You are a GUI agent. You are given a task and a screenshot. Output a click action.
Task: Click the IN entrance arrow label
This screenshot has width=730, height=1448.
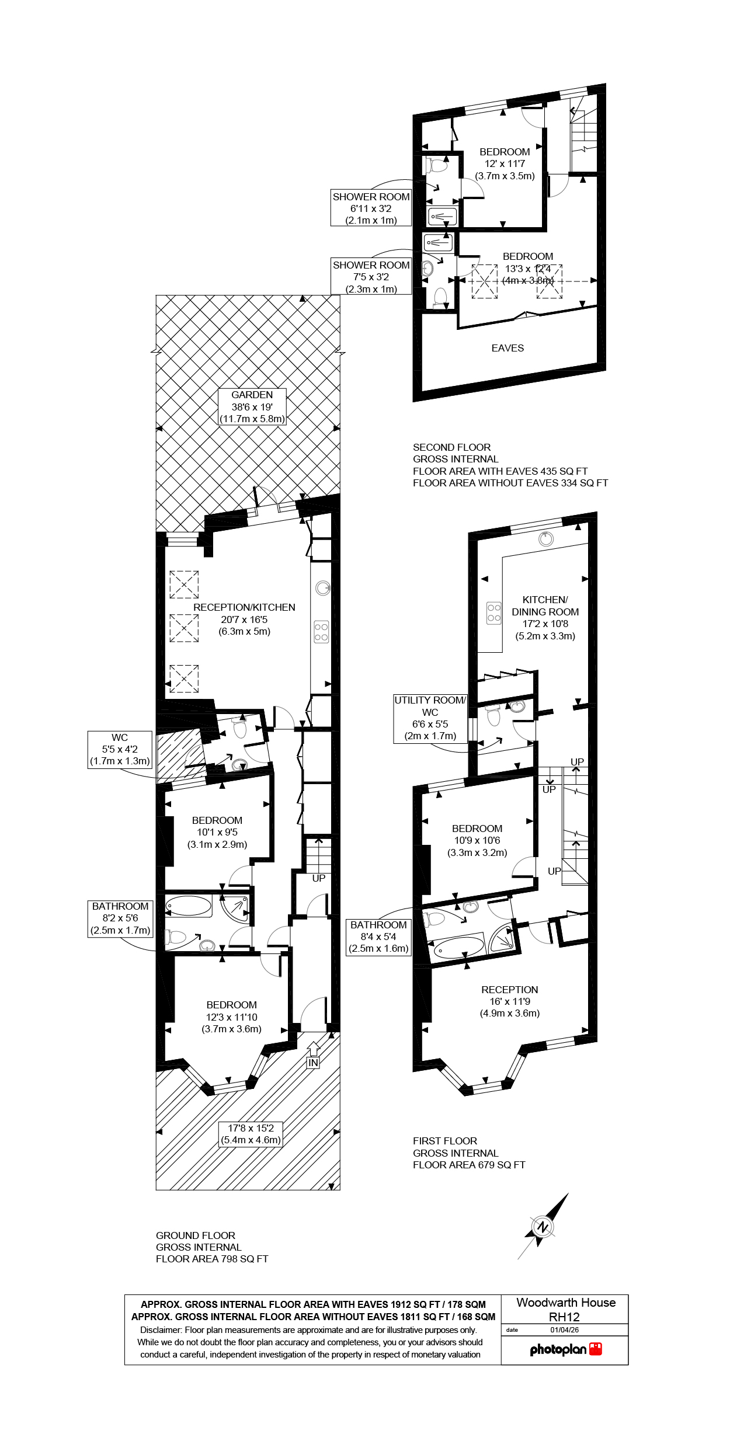[313, 1062]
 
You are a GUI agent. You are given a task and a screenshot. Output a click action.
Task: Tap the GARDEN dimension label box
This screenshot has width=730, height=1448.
[252, 407]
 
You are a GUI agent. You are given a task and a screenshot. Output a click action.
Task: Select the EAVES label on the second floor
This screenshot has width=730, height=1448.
[507, 348]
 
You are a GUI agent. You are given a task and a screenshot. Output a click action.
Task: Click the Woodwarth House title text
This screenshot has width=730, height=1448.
[565, 1303]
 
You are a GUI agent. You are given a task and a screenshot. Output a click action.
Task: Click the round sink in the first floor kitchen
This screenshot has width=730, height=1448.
[546, 538]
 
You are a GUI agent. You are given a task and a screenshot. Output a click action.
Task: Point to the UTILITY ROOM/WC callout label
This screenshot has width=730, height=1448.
[430, 718]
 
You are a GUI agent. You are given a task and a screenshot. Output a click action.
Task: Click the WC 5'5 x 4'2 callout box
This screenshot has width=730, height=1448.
[120, 750]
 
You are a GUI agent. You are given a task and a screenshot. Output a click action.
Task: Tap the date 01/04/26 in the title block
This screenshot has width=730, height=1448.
[564, 1329]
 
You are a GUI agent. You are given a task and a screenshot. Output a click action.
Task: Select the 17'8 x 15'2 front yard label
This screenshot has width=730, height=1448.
[251, 1134]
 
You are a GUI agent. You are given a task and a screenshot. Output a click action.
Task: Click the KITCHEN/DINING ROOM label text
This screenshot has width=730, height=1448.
[545, 606]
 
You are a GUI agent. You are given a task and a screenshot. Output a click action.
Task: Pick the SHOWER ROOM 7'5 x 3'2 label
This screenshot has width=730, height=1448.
[371, 277]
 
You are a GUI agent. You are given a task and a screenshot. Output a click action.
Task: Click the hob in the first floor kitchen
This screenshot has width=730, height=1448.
[494, 612]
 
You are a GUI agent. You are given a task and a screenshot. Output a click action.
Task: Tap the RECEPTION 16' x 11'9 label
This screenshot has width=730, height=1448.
[509, 1001]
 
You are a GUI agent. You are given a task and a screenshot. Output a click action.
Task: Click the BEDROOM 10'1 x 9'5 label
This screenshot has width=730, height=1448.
[217, 832]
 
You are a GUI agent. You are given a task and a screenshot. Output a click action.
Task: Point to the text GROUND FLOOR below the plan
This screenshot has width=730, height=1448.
[196, 1235]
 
